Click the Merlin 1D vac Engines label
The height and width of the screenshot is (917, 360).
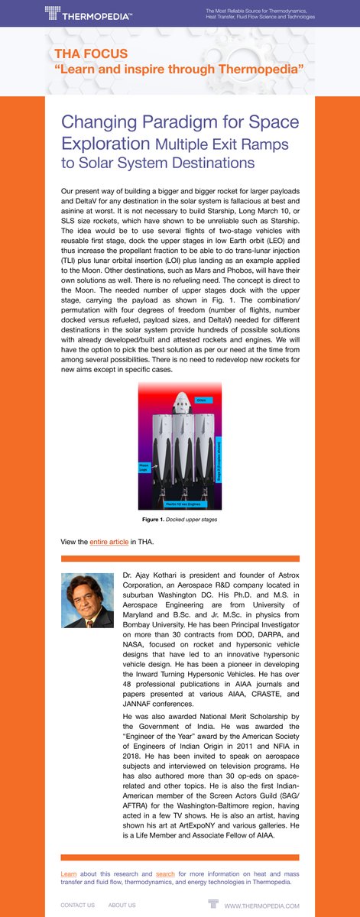[184, 505]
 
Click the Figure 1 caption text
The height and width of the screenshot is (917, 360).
[180, 520]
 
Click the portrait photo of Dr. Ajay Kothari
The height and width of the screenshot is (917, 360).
[87, 601]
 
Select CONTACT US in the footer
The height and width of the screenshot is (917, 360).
[78, 906]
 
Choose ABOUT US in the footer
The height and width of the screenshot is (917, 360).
[122, 906]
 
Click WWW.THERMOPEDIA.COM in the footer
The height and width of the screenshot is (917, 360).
[261, 906]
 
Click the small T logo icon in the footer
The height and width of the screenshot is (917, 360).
[212, 905]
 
